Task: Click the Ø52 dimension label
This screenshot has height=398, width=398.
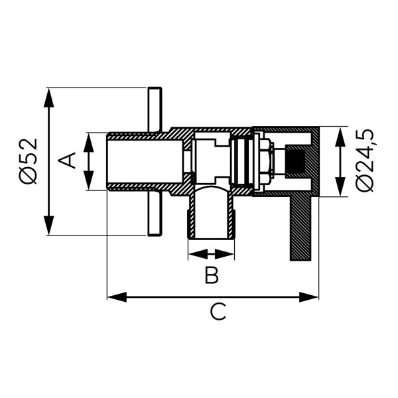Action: (28, 161)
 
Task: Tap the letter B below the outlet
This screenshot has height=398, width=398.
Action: (211, 275)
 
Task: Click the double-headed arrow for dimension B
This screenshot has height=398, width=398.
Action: (211, 253)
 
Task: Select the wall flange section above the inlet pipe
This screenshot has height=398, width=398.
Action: (154, 109)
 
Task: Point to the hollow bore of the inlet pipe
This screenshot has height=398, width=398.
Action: (145, 161)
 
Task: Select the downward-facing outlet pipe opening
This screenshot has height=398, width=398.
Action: (211, 216)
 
